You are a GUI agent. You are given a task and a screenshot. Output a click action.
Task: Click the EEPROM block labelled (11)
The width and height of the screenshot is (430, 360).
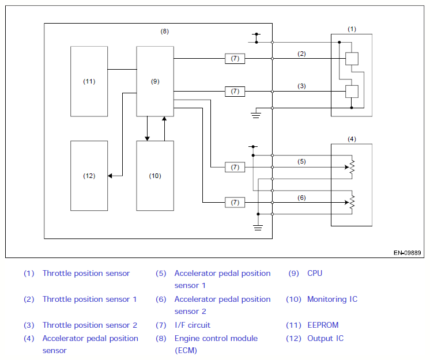89,81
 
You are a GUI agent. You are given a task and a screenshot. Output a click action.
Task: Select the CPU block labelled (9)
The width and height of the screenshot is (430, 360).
155,81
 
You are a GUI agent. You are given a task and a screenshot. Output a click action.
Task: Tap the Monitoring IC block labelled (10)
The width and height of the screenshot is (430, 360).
155,176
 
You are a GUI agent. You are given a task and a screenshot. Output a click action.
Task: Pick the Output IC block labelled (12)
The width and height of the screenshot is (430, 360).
89,176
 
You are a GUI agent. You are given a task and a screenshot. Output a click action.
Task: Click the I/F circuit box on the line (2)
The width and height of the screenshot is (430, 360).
235,59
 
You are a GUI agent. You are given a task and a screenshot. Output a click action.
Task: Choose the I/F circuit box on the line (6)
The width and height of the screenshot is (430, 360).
235,203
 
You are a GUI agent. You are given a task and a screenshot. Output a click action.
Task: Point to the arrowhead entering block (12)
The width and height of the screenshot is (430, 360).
110,176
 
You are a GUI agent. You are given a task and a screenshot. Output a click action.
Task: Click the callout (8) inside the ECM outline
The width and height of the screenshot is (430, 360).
164,32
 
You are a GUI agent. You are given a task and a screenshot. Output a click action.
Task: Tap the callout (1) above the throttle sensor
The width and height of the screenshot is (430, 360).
352,29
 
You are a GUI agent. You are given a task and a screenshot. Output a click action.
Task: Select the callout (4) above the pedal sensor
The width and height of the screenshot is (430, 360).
352,139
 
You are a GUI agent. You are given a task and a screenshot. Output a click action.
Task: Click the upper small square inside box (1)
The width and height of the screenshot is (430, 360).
352,59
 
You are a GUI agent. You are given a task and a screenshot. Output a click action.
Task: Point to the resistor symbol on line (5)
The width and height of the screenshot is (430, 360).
352,167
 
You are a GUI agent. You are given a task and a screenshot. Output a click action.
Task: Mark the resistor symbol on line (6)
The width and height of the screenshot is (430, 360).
352,202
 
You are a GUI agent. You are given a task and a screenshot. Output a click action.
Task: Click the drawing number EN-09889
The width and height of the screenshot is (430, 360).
408,253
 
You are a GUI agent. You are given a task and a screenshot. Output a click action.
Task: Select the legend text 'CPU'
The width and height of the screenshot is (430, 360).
315,273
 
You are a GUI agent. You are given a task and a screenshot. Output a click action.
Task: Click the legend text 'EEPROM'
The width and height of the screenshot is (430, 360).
323,325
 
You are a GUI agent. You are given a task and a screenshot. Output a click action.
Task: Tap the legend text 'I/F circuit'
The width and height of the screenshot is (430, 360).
193,325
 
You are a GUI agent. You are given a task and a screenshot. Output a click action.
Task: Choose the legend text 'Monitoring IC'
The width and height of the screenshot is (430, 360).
333,299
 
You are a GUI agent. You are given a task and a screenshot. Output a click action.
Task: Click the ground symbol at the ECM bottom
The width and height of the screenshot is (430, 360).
258,228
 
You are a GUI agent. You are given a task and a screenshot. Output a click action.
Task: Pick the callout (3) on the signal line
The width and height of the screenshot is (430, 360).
301,86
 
